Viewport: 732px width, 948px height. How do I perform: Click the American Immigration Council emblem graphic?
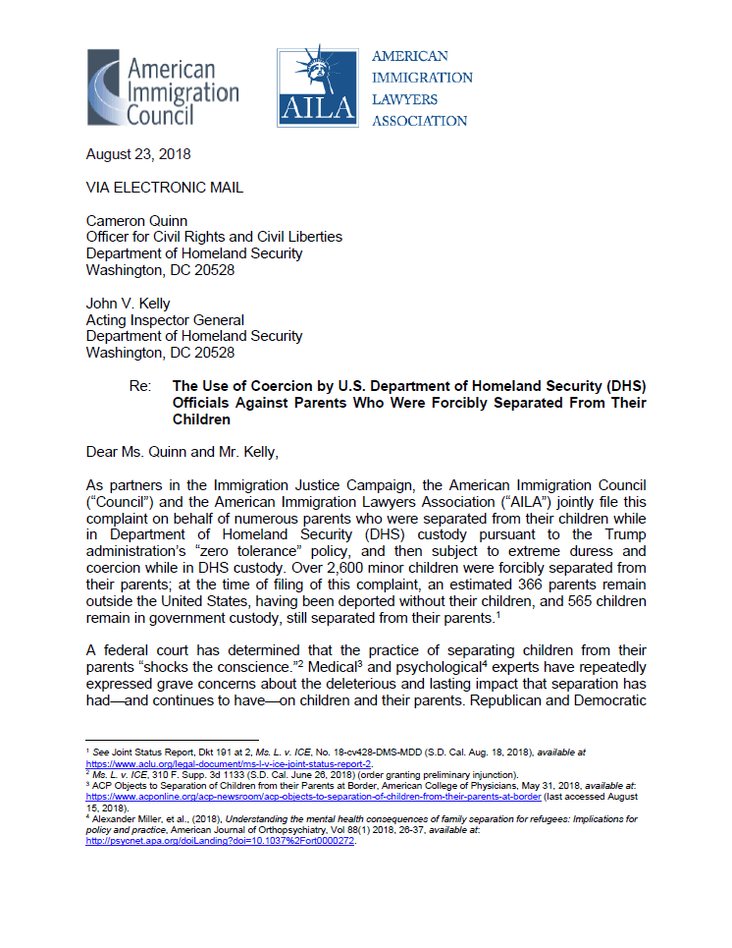(105, 87)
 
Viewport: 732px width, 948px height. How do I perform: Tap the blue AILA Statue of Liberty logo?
(317, 87)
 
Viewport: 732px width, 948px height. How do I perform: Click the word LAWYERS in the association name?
(405, 99)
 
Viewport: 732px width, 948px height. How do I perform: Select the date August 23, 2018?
(138, 153)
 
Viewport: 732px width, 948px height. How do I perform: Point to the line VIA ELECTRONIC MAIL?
(165, 187)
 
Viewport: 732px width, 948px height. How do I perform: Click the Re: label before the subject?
(139, 386)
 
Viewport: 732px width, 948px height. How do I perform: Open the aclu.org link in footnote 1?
(231, 762)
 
